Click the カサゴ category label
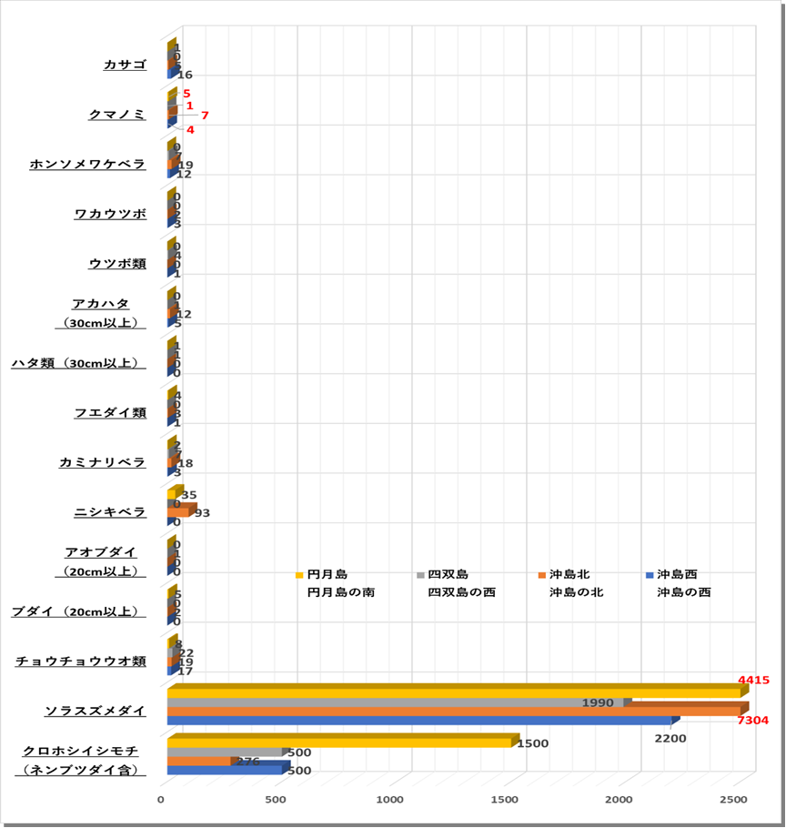[125, 65]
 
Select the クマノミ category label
[117, 114]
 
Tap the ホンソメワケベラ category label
[87, 164]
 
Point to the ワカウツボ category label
[110, 214]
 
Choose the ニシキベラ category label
[110, 512]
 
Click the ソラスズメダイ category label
[96, 710]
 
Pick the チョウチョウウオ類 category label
[81, 661]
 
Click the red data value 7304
[752, 720]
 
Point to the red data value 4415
[754, 680]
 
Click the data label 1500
[532, 743]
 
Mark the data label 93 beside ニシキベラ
[203, 513]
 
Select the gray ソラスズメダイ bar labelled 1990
[395, 702]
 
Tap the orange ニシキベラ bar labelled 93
[178, 512]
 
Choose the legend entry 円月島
[327, 574]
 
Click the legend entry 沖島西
[677, 574]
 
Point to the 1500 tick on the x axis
[505, 799]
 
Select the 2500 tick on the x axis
[733, 799]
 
